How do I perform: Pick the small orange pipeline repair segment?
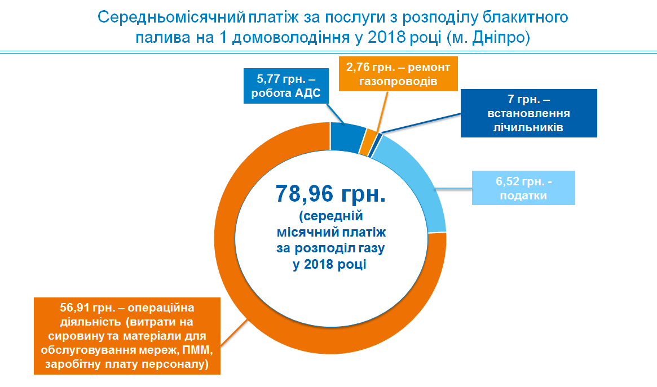(x=367, y=142)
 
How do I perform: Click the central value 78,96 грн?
(x=330, y=193)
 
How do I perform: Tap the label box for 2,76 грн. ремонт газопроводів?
(x=398, y=74)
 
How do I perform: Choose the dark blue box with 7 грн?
(x=528, y=113)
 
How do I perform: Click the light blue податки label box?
(x=523, y=188)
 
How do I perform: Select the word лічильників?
(x=528, y=127)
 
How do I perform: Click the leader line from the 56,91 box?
(x=234, y=332)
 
